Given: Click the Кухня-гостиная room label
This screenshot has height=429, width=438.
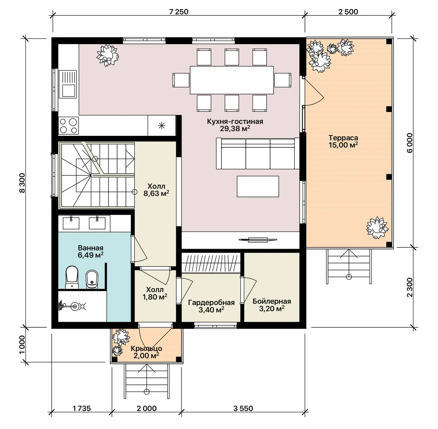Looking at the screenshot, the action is (235, 122).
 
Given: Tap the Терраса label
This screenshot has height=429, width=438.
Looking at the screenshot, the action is (343, 138).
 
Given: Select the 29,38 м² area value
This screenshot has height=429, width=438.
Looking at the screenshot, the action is (235, 129).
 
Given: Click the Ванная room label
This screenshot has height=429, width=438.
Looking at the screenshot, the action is (91, 248).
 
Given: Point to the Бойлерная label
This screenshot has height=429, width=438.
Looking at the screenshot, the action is (272, 301).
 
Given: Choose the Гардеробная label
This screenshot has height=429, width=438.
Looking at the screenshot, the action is (212, 303).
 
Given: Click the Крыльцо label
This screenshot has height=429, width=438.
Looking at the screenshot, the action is (147, 349).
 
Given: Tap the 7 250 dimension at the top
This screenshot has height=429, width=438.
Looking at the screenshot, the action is (179, 12).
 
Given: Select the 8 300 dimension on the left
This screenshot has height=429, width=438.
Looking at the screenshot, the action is (22, 183).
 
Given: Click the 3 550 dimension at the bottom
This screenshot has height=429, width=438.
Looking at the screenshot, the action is (243, 409).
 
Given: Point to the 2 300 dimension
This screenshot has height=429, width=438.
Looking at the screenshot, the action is (409, 288).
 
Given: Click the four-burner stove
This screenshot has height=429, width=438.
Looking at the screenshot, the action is (69, 126).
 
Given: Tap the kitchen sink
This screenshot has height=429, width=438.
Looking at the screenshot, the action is (68, 84).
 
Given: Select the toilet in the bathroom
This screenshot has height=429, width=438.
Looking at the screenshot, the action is (72, 277).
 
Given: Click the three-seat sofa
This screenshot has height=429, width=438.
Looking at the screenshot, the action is (258, 153).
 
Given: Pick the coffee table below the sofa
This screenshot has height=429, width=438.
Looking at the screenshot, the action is (258, 186).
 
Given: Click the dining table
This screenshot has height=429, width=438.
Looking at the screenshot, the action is (232, 80).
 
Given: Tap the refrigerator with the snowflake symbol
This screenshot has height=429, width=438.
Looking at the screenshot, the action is (162, 126).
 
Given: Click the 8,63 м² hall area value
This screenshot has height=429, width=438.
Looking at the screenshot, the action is (156, 193).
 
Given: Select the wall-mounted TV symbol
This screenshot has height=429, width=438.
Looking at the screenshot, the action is (258, 240).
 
